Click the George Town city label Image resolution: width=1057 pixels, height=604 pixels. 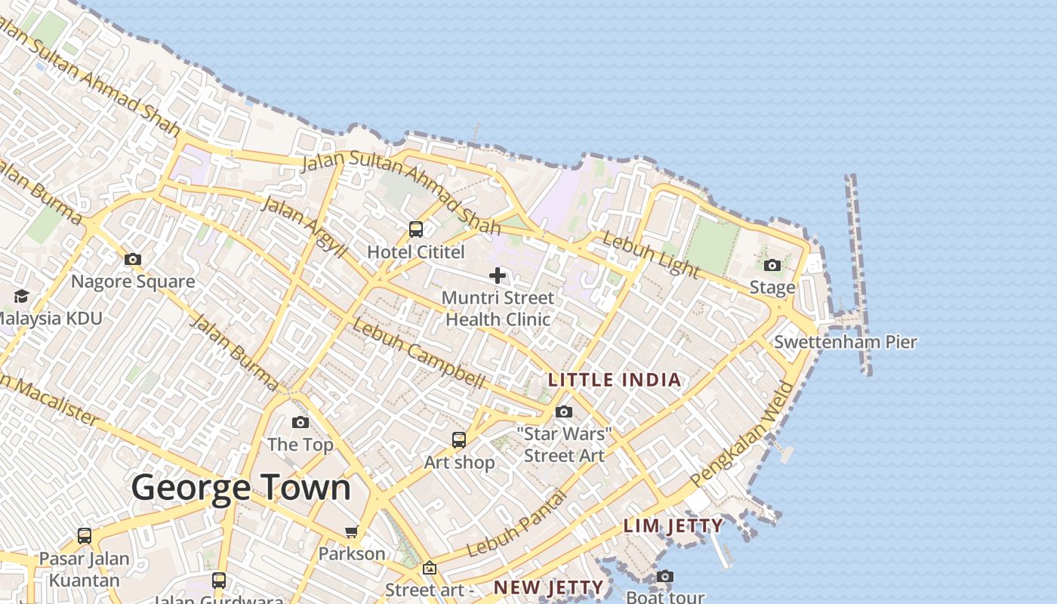click(241, 488)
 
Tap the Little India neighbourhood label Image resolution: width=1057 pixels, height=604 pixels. click(615, 380)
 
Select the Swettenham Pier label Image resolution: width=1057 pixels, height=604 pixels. click(846, 342)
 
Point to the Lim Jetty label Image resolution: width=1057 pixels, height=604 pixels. click(673, 526)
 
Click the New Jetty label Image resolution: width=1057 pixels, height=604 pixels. click(549, 587)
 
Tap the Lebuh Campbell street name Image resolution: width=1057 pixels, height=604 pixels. click(418, 355)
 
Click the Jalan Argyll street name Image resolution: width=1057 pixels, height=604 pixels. click(304, 226)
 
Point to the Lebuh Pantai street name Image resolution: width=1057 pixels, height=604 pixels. click(516, 524)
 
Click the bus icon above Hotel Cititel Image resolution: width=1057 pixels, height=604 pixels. click(416, 230)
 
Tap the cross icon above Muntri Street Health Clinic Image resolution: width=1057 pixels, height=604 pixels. click(498, 276)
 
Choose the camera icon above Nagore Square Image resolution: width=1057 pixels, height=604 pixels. click(133, 260)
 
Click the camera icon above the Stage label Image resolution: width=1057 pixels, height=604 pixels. click(772, 266)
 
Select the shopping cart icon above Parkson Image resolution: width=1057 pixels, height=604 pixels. click(352, 532)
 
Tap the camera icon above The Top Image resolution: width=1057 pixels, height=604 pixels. click(300, 423)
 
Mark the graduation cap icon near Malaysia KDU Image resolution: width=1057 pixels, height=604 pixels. click(21, 296)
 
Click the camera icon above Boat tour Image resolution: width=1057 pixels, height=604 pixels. click(665, 577)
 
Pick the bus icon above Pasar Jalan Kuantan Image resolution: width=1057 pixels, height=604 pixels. click(85, 536)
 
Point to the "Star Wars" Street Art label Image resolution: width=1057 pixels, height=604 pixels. click(564, 445)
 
